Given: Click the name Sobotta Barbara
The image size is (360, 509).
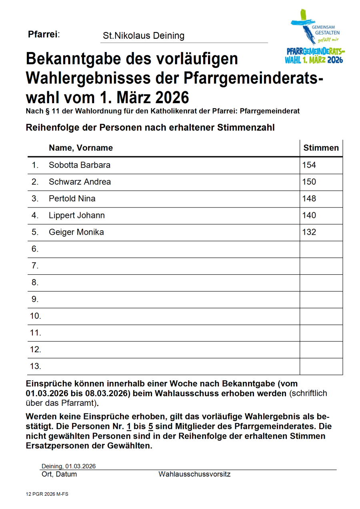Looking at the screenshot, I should click(x=79, y=165).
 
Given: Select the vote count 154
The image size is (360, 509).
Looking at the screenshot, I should click(x=309, y=165).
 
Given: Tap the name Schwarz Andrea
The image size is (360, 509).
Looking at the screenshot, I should click(x=80, y=182).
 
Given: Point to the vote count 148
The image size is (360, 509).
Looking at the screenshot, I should click(x=309, y=199).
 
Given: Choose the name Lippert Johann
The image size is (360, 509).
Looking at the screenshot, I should click(x=76, y=216).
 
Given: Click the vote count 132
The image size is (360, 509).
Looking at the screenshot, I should click(x=309, y=232).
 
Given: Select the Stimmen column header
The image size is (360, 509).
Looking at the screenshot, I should click(x=321, y=148).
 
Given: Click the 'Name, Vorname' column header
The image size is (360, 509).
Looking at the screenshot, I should click(x=80, y=148).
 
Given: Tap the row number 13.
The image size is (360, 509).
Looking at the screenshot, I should click(x=36, y=366).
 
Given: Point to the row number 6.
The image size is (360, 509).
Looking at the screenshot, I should click(x=35, y=249).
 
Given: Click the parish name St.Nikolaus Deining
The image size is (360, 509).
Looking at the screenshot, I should click(x=144, y=36).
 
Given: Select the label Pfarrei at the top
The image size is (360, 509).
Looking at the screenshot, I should click(x=44, y=34).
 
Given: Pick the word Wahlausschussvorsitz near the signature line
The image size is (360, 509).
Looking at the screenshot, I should click(x=194, y=475).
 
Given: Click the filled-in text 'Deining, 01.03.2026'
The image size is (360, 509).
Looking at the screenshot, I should click(x=68, y=466).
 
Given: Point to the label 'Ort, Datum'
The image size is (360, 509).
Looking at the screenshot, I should click(x=59, y=475).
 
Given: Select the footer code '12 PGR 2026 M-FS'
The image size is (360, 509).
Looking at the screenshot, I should click(x=47, y=495).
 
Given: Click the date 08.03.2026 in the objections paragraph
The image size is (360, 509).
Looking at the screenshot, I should click(x=106, y=393).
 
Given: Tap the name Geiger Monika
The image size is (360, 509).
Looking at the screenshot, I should click(x=76, y=232).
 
